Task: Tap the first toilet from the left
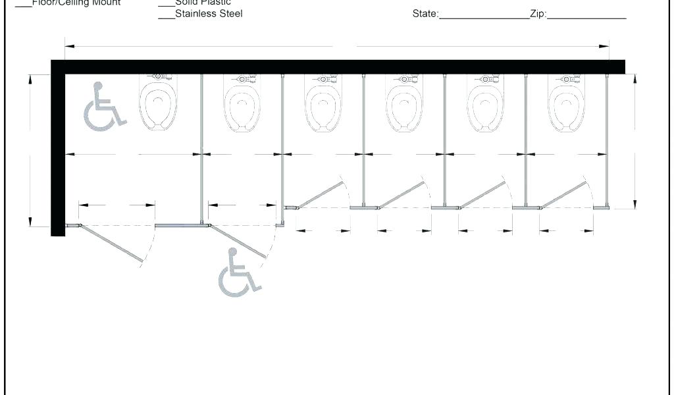(159, 105)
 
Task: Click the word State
(425, 14)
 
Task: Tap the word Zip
(538, 14)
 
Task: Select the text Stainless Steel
(209, 14)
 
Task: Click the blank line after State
(484, 18)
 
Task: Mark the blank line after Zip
(586, 18)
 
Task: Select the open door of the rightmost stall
(563, 195)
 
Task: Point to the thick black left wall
(58, 151)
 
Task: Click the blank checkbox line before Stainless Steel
(166, 18)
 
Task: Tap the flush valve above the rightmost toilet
(566, 79)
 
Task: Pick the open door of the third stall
(321, 195)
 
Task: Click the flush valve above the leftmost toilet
(159, 77)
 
